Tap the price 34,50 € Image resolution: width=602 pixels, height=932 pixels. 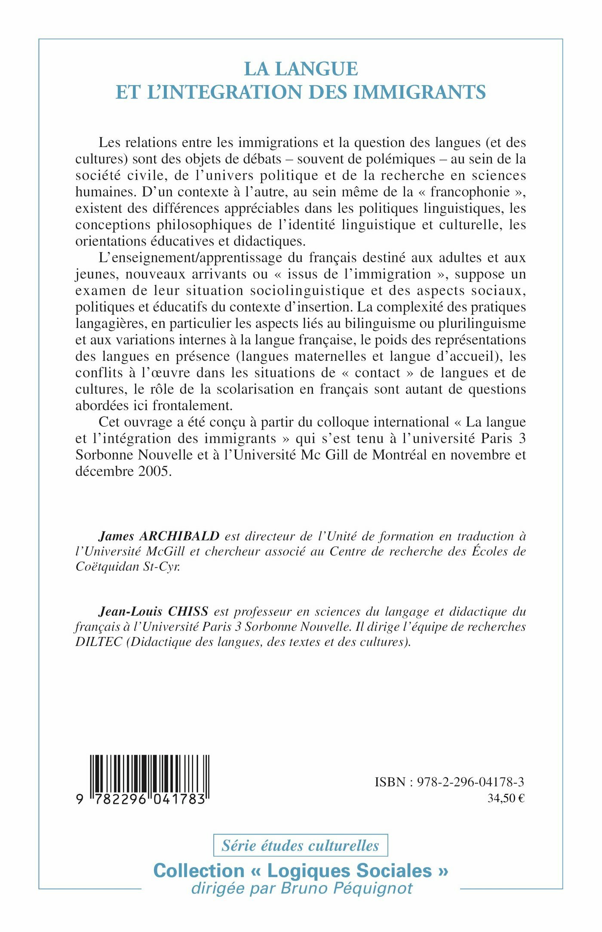pos(506,798)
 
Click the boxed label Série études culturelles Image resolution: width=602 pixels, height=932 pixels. pos(301,845)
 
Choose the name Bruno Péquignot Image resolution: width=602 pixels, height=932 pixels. pos(347,888)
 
